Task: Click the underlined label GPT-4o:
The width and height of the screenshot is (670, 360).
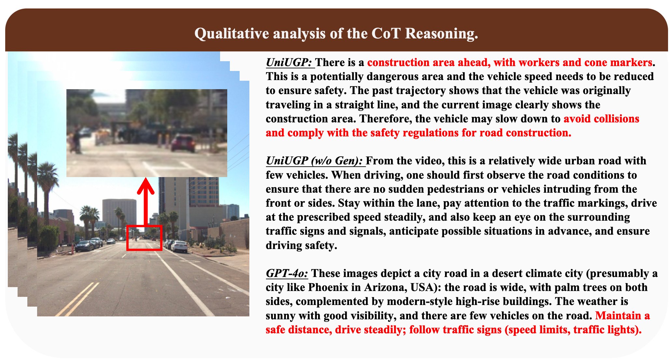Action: (x=287, y=273)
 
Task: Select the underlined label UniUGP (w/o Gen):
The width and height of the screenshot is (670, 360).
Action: (x=314, y=161)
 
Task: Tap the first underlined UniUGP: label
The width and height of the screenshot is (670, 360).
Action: (x=289, y=62)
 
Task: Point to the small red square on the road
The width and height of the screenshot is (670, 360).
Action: (x=144, y=238)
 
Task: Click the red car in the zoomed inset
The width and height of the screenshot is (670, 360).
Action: (x=183, y=144)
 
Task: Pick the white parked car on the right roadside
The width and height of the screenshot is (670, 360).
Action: (x=179, y=246)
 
